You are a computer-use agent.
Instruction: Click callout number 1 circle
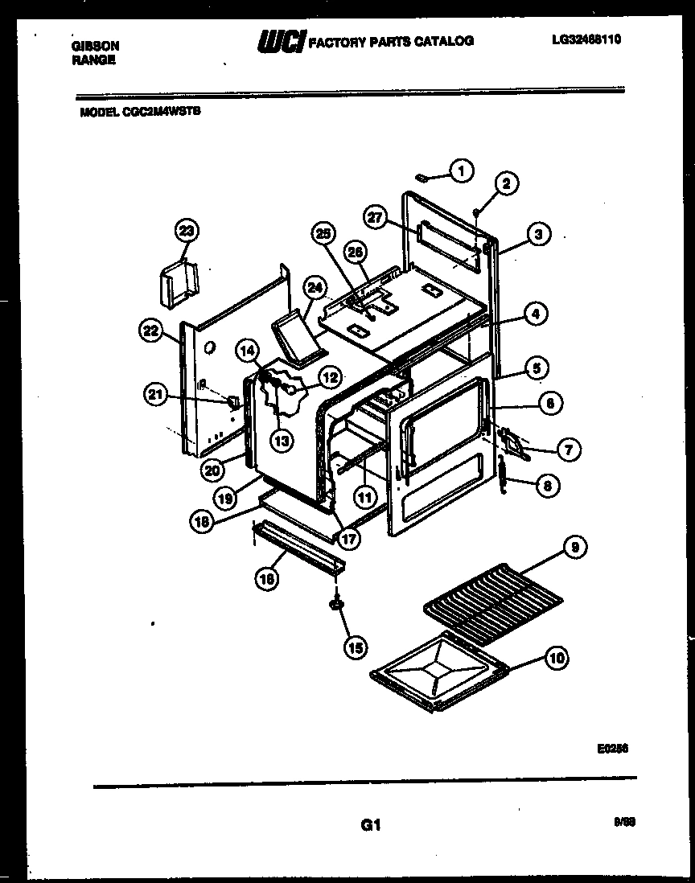[461, 170]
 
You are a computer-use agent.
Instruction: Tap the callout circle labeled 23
[187, 232]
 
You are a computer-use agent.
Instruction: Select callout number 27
[375, 217]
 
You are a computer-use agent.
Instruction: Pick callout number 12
[330, 376]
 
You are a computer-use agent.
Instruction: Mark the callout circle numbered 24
[315, 288]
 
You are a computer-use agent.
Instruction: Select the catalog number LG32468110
[586, 38]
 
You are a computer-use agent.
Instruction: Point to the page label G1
[370, 825]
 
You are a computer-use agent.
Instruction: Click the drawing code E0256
[612, 747]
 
